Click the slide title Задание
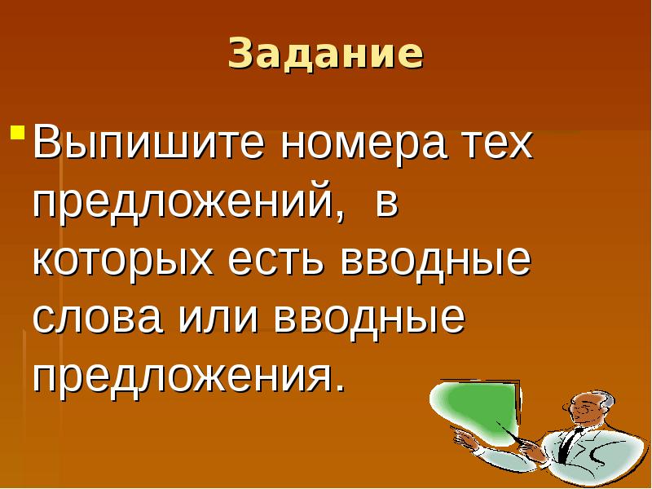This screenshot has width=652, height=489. pos(326,53)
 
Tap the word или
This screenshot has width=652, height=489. pos(221,318)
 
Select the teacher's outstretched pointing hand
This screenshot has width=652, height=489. pos(465,440)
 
